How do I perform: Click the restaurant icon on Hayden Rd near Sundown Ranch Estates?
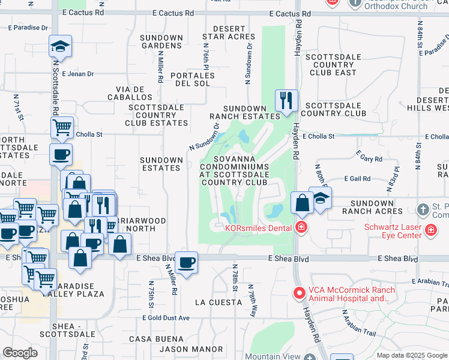pyautogui.click(x=286, y=100)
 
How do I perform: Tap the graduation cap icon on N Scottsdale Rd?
pyautogui.click(x=60, y=46)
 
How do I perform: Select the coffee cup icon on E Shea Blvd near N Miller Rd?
pyautogui.click(x=186, y=262)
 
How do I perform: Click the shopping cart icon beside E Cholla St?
pyautogui.click(x=62, y=127)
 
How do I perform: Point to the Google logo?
pyautogui.click(x=20, y=353)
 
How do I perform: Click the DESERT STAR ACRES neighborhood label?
pyautogui.click(x=229, y=33)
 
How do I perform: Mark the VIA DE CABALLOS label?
pyautogui.click(x=130, y=92)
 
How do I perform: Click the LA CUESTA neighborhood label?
pyautogui.click(x=218, y=302)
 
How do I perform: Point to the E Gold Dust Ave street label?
pyautogui.click(x=166, y=318)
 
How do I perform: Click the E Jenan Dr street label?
pyautogui.click(x=78, y=74)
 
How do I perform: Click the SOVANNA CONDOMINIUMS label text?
pyautogui.click(x=234, y=166)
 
